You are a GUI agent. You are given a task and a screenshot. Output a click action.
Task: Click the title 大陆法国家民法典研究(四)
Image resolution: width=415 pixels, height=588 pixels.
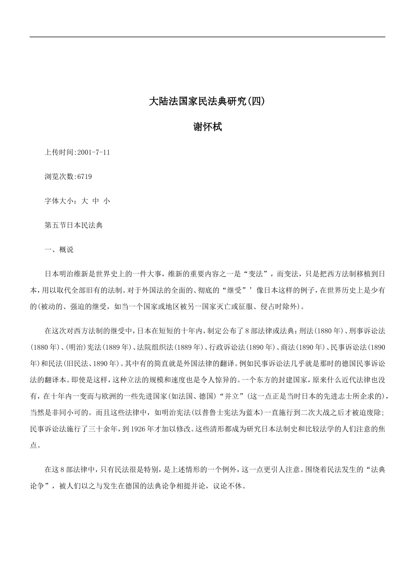[x=207, y=101]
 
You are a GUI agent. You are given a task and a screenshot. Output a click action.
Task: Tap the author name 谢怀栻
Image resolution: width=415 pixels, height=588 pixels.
[x=207, y=127]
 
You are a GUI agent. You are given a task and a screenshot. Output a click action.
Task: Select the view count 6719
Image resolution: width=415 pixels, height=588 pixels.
[x=84, y=177]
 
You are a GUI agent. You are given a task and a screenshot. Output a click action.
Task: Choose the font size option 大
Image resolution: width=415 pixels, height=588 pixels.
[x=85, y=201]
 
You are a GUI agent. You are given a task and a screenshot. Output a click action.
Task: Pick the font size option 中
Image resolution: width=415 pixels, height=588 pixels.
[x=96, y=201]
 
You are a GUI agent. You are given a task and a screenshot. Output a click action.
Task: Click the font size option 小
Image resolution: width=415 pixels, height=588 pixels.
[x=107, y=201]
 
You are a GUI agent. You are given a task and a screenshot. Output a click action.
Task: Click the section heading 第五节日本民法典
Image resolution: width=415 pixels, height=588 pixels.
[x=73, y=225]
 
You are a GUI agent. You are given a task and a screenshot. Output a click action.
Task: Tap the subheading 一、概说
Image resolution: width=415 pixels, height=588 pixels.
[x=59, y=249]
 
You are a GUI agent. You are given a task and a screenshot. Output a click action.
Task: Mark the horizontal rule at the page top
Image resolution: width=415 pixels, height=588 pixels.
[x=207, y=37]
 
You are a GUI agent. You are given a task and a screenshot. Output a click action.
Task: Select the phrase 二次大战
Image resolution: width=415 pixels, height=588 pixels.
[x=315, y=412]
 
